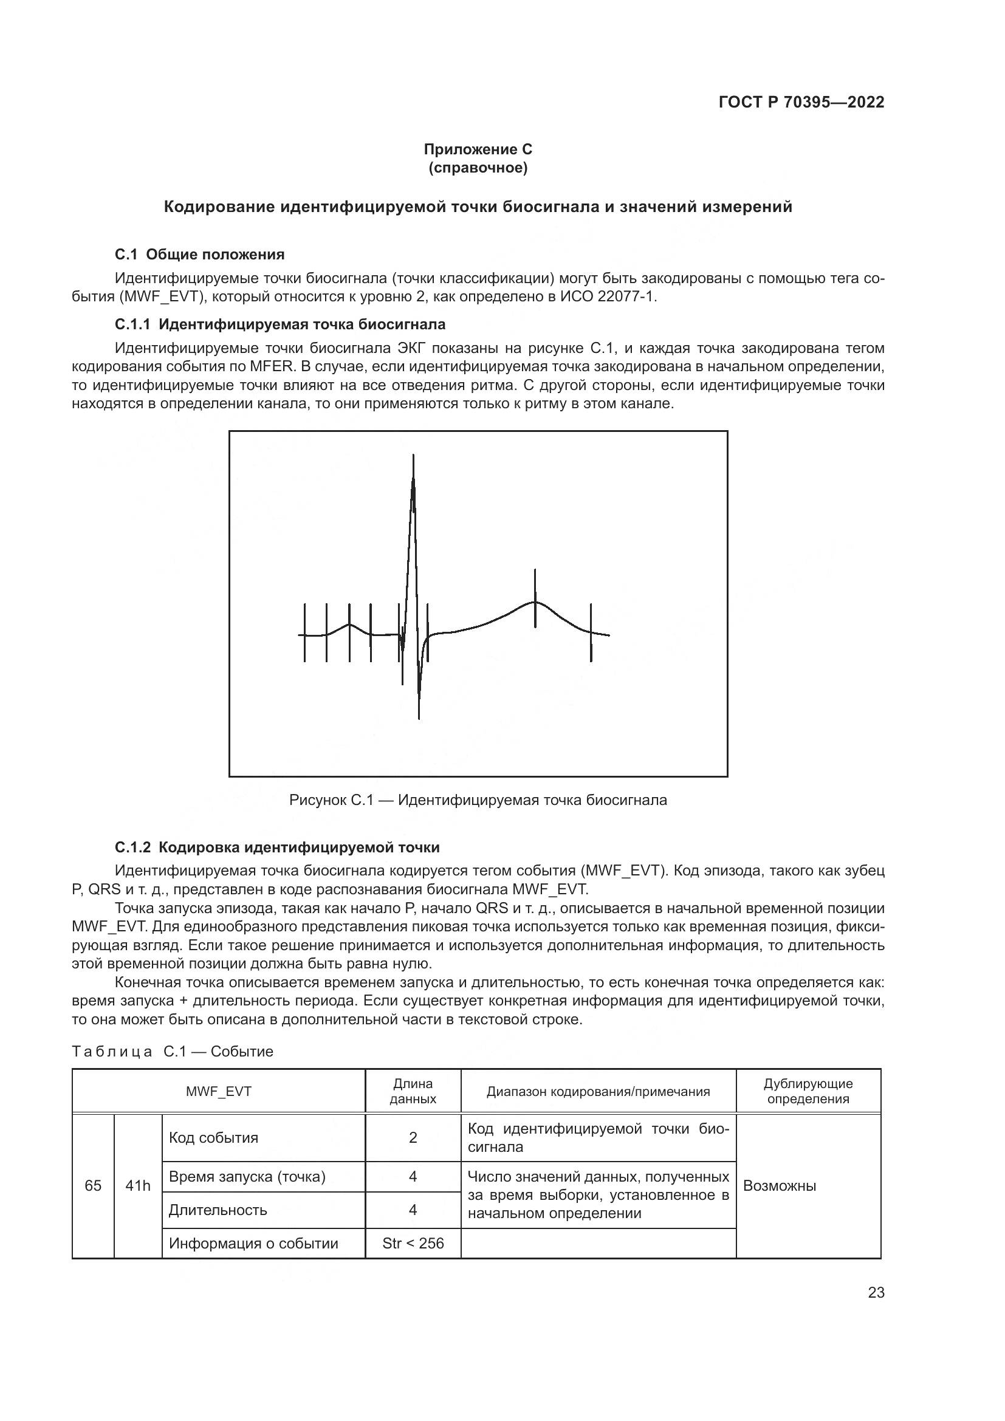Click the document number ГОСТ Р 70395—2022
801,103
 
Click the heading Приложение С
478,149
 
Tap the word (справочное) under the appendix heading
478,168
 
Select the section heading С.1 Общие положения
199,255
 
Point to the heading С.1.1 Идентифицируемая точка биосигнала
280,324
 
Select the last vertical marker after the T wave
591,632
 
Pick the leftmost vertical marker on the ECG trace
304,632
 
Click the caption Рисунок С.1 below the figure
478,800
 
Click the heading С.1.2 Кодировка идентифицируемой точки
277,847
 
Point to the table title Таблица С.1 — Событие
173,1052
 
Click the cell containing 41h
137,1186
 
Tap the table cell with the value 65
93,1186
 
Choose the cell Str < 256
413,1244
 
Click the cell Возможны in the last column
780,1186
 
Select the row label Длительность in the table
218,1210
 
